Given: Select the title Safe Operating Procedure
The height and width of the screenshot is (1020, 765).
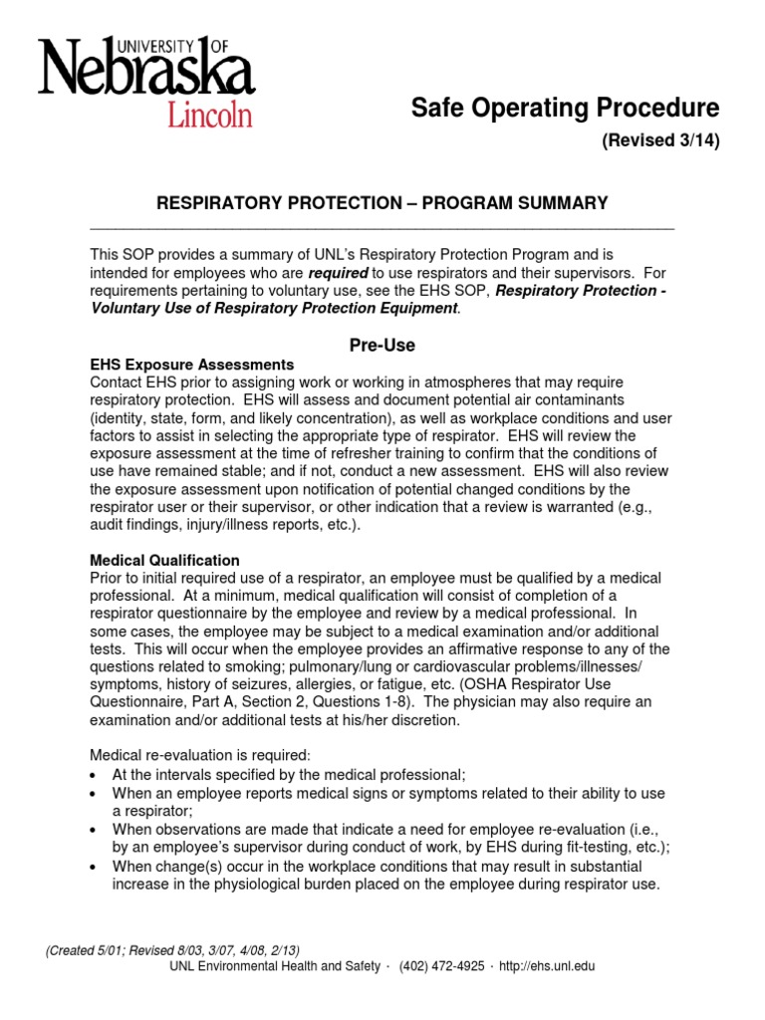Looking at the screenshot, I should [x=565, y=108].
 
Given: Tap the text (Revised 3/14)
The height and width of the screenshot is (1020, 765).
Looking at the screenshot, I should [x=659, y=140].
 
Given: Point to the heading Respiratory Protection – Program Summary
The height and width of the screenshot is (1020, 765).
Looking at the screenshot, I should [x=382, y=203].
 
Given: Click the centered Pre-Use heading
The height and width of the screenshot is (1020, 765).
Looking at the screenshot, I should [x=382, y=346].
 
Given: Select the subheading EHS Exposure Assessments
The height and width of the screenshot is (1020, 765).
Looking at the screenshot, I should [x=192, y=365].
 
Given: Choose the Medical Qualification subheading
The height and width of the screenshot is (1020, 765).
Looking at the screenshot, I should [x=164, y=561].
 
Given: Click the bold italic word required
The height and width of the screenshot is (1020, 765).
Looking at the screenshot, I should [x=338, y=272].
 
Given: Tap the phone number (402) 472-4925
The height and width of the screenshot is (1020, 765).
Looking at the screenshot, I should [x=441, y=966].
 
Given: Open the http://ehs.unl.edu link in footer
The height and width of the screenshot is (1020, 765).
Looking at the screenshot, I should [x=544, y=966].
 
